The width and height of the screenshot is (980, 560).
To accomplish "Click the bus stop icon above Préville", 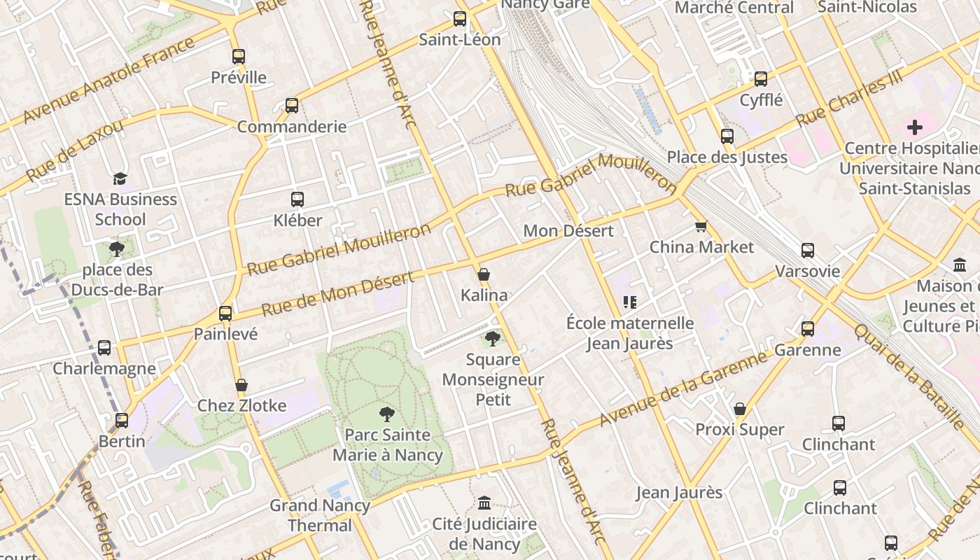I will pyautogui.click(x=239, y=57).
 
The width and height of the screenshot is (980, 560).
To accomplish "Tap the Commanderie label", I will pyautogui.click(x=292, y=127).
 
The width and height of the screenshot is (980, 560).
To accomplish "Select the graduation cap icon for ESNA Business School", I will pyautogui.click(x=120, y=178).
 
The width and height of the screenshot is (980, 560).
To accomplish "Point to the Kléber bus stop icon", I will pyautogui.click(x=297, y=199).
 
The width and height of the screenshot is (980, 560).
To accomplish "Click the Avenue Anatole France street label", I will pyautogui.click(x=108, y=80).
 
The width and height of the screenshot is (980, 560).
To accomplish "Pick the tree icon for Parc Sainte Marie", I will pyautogui.click(x=386, y=414).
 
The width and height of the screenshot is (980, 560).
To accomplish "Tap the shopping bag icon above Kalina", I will pyautogui.click(x=483, y=274).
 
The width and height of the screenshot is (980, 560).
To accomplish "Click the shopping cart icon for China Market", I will pyautogui.click(x=701, y=226).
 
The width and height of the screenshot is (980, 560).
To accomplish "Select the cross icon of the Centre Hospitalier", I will pyautogui.click(x=914, y=127).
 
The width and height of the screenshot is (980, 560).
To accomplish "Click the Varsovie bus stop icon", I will pyautogui.click(x=808, y=250).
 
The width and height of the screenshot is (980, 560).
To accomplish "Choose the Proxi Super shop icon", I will pyautogui.click(x=739, y=409).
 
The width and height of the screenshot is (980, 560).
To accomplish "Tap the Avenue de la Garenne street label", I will pyautogui.click(x=683, y=388).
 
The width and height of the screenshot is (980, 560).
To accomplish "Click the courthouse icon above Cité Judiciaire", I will pyautogui.click(x=484, y=503).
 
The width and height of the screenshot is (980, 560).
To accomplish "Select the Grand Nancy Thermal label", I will pyautogui.click(x=321, y=515).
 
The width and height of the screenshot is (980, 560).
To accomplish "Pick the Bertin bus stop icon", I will pyautogui.click(x=122, y=421).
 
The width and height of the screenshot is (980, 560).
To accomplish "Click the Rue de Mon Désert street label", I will pyautogui.click(x=337, y=293).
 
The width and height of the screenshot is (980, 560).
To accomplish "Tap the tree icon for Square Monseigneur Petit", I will pyautogui.click(x=493, y=339).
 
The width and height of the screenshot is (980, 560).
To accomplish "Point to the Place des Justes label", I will pyautogui.click(x=727, y=157).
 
